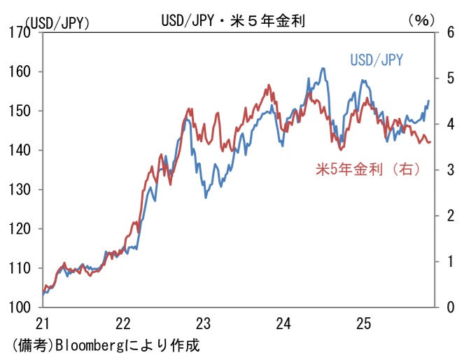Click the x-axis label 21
click(x=43, y=324)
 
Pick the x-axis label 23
click(x=203, y=324)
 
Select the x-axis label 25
click(x=363, y=324)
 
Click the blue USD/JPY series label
click(x=376, y=60)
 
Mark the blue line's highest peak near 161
click(x=323, y=69)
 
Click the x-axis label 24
click(x=283, y=324)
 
